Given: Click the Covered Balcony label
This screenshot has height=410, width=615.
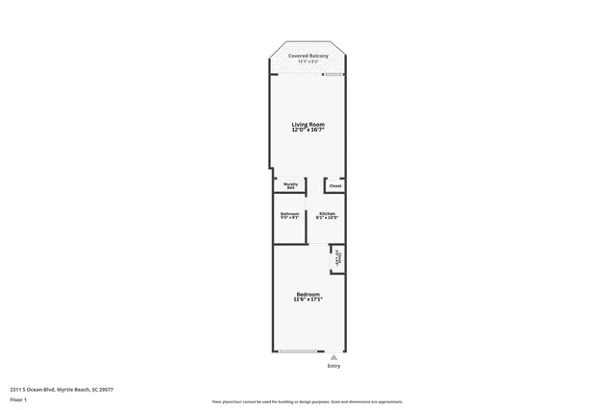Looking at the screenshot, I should [308, 57].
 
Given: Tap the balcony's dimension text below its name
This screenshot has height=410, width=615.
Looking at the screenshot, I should [308, 62].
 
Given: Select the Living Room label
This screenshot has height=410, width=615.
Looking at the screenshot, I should [308, 124].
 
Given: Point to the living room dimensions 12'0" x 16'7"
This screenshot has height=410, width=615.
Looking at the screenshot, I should [308, 130].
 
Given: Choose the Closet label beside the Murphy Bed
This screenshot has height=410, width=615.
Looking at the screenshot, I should [335, 185].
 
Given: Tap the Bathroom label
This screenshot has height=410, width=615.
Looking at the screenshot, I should [289, 213].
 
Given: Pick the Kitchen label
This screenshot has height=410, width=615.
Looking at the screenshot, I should [328, 213].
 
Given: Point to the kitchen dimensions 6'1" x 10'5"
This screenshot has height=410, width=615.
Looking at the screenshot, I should [328, 218].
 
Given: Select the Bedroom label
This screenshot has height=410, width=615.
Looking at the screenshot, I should [308, 294].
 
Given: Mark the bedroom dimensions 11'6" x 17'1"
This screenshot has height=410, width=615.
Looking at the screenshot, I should [308, 300].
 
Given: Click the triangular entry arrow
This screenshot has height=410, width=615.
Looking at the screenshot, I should [333, 358].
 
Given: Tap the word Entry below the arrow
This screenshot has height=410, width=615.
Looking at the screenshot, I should [333, 366].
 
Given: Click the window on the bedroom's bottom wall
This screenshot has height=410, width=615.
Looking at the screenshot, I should [299, 352].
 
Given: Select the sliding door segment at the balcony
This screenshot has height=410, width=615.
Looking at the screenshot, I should [333, 75].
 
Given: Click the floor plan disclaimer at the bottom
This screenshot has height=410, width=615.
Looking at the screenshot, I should [307, 401].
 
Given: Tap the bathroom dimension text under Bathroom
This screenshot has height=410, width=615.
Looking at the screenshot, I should [289, 218].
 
